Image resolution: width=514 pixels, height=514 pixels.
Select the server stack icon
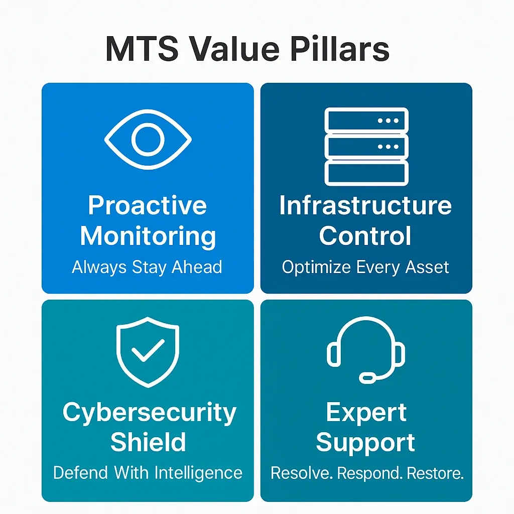(x=366, y=147)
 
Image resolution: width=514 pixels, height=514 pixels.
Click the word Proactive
(x=148, y=206)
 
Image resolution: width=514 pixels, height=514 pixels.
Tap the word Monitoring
(x=148, y=236)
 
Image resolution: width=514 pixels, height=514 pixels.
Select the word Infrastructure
(x=366, y=206)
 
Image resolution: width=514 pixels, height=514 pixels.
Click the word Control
(x=365, y=236)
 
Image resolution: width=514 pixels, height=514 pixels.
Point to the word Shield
(x=148, y=443)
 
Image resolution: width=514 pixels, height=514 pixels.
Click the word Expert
(x=366, y=413)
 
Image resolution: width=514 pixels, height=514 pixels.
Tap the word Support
(x=365, y=443)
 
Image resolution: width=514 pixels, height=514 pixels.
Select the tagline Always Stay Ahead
(x=147, y=267)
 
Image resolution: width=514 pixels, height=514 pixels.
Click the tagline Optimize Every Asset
(x=365, y=267)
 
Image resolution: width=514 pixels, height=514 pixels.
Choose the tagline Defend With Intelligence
(x=148, y=473)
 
